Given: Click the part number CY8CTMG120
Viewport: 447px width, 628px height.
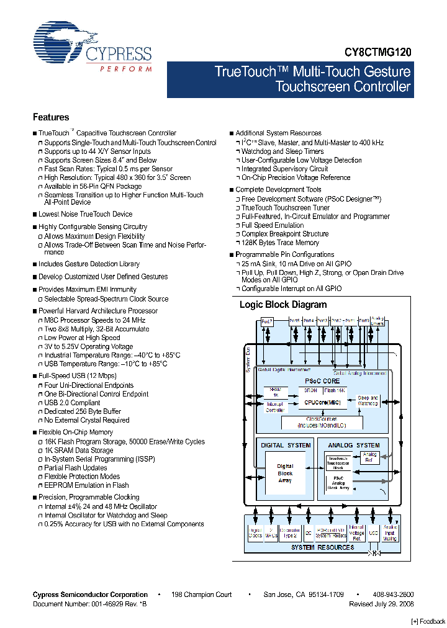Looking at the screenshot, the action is (378, 54).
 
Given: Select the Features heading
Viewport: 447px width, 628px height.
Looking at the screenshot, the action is (51, 117).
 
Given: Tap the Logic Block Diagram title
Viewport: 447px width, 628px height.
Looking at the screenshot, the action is (283, 305).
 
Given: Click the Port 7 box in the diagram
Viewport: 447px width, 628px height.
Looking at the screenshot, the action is (267, 321).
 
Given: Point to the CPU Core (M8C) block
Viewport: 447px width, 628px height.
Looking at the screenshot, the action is (322, 403).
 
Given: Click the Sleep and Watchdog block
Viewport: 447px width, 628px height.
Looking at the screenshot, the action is (368, 401).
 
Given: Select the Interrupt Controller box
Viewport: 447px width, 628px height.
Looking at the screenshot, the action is (276, 406).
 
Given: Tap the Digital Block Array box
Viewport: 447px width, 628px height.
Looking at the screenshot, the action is (285, 473).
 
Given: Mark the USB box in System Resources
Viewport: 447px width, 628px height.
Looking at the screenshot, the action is (374, 533).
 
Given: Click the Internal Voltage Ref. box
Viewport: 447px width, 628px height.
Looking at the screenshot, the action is (357, 533).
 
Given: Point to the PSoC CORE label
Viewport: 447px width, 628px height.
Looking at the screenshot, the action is (322, 380).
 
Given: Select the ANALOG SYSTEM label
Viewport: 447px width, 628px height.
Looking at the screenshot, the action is (354, 445).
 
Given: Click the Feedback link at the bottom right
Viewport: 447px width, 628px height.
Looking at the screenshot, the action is (428, 621).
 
